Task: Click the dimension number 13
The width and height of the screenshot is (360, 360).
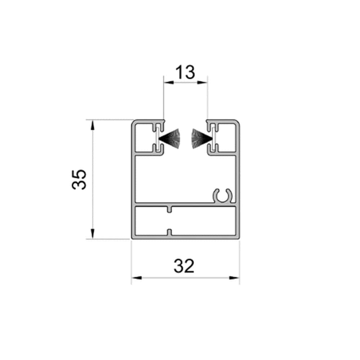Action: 185,72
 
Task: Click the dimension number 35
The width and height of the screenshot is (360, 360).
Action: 79,180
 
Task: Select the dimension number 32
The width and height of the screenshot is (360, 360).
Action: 184,266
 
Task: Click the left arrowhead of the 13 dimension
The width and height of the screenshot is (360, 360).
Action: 169,82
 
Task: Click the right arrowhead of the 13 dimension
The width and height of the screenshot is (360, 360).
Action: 202,82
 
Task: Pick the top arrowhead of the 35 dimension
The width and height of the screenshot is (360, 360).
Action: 92,125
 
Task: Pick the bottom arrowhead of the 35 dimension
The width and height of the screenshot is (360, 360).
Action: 92,234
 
